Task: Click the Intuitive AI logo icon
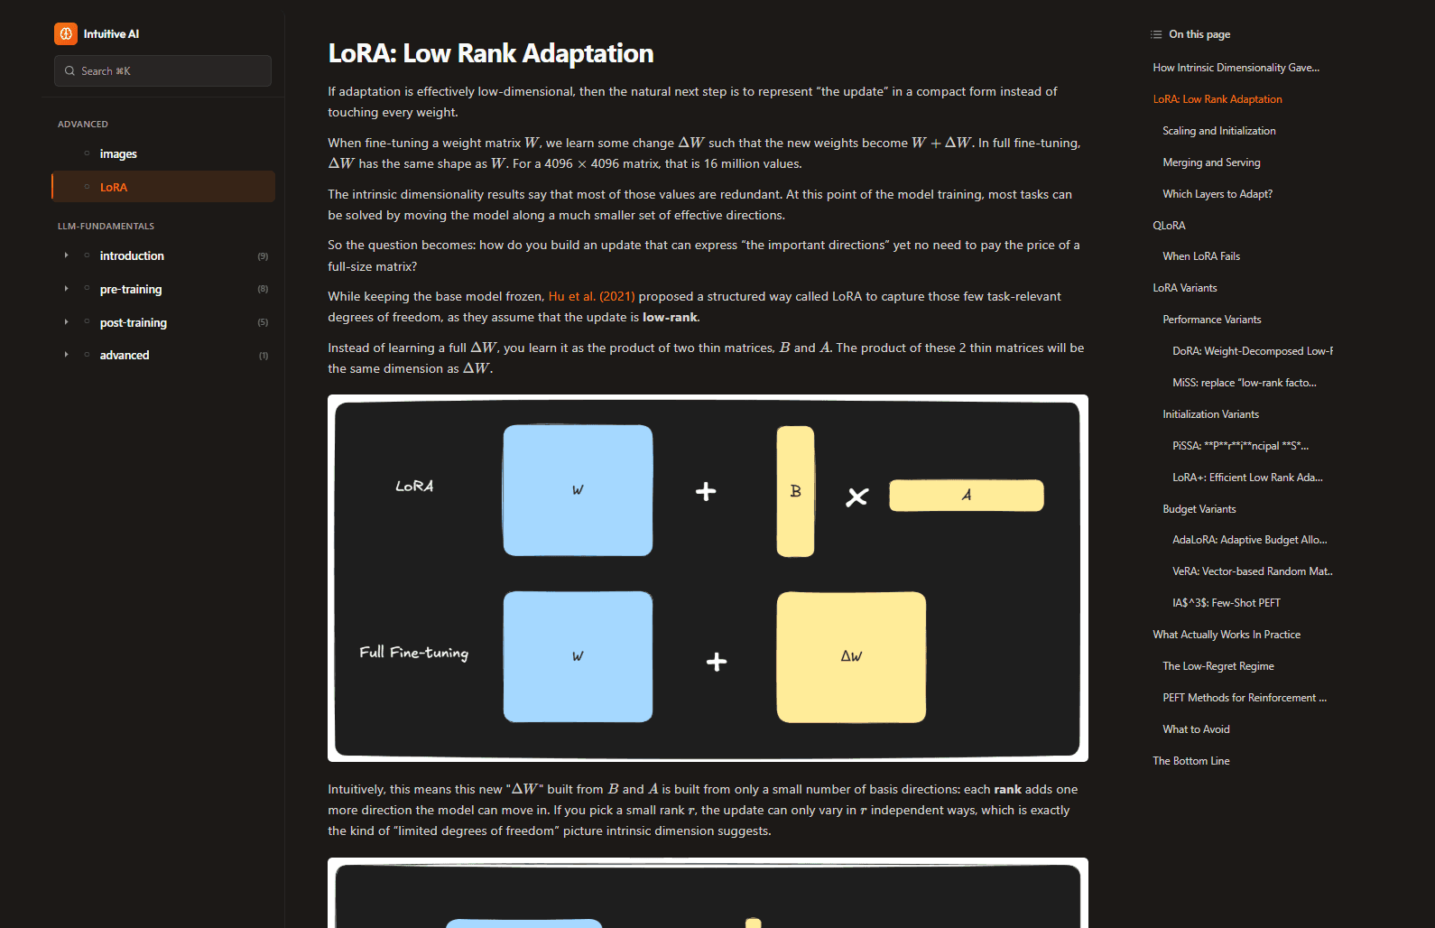66,34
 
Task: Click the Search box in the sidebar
162,71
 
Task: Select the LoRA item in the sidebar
114,188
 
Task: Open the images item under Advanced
118,154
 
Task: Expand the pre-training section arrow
66,289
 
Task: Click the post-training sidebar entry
133,323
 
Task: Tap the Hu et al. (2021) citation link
591,297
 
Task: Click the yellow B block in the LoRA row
795,491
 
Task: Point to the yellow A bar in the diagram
966,496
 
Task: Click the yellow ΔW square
851,656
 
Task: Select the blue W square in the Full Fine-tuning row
578,656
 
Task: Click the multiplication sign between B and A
856,496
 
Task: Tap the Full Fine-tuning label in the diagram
413,653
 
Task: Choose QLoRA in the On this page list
1169,226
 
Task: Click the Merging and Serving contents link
1211,162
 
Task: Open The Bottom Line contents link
1190,761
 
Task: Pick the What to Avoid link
1196,729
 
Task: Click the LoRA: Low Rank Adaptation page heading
490,54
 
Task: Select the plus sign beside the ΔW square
717,662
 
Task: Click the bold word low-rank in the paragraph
670,318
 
